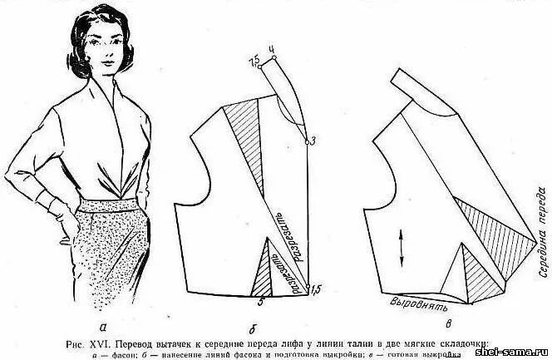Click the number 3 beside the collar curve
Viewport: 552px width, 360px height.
[x=313, y=139]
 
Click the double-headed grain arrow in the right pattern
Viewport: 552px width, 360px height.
[x=402, y=246]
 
